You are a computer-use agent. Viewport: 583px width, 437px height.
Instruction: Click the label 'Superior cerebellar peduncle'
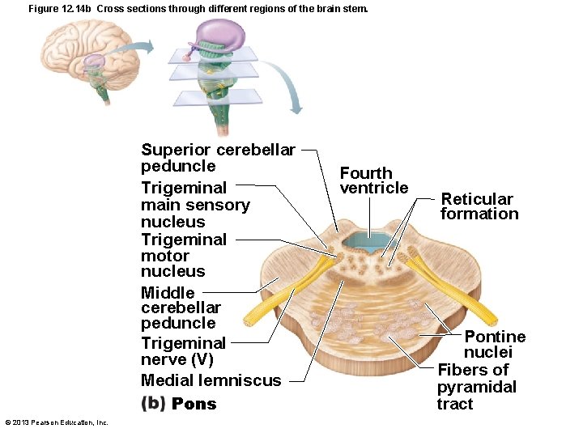[218, 158]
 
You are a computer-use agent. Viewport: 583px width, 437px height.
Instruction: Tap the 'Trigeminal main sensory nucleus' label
[195, 205]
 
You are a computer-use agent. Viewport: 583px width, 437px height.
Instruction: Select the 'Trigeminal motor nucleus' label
[184, 255]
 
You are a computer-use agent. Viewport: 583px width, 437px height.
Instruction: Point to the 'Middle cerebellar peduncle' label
[180, 308]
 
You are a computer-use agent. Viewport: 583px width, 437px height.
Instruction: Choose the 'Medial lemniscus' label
[211, 380]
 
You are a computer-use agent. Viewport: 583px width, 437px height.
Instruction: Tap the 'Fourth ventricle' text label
[373, 180]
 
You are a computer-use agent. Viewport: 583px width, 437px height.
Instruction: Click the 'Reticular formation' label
[479, 206]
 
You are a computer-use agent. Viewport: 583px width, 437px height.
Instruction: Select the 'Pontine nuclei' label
[494, 344]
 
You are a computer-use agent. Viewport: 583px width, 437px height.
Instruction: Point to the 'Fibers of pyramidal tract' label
[476, 387]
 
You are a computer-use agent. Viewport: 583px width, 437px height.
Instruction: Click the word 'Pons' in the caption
[194, 404]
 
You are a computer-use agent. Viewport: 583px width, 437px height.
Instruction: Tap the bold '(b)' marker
[153, 403]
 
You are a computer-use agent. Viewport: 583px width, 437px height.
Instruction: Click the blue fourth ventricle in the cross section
[368, 242]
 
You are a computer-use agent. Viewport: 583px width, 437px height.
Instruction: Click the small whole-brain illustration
[85, 53]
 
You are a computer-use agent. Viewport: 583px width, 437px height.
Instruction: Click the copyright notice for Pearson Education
[57, 422]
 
